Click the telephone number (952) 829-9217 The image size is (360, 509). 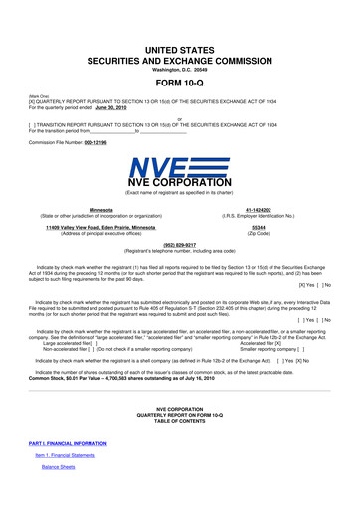click(x=179, y=244)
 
